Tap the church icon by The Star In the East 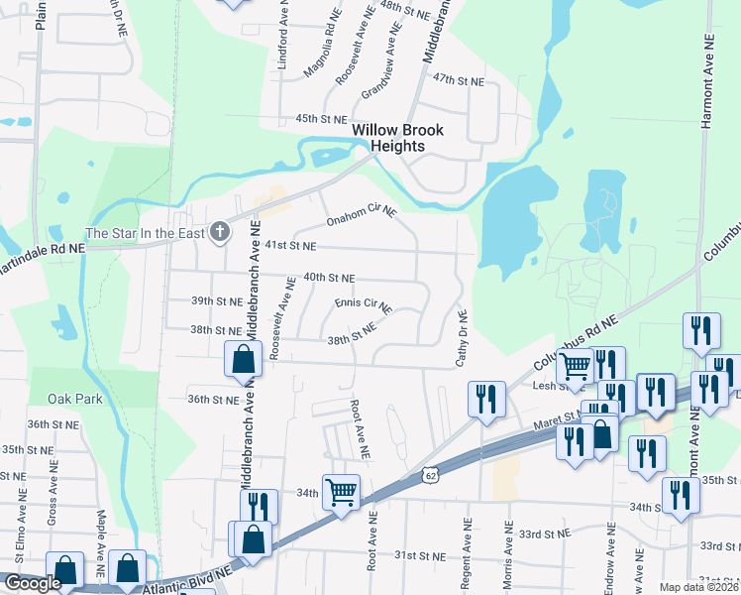click(220, 233)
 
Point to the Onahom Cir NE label click(362, 215)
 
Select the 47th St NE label click(457, 79)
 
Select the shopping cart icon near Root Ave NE click(341, 491)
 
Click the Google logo click(33, 583)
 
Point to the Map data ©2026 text click(699, 587)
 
